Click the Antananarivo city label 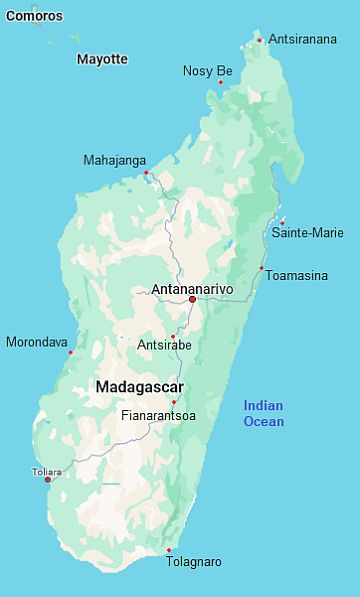(x=191, y=289)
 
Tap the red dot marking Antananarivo (x=192, y=299)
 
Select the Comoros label (x=33, y=16)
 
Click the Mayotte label (x=102, y=59)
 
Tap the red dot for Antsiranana (x=260, y=40)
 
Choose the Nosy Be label (x=207, y=71)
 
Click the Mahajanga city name (x=114, y=160)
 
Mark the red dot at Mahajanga (x=146, y=173)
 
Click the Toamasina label (x=296, y=274)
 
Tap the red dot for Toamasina (x=261, y=268)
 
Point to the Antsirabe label (x=163, y=345)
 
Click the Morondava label (x=37, y=342)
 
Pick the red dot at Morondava (x=70, y=352)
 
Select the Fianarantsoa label (x=158, y=414)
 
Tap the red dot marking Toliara (x=47, y=480)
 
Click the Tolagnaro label (x=194, y=562)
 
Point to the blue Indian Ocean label (x=264, y=413)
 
